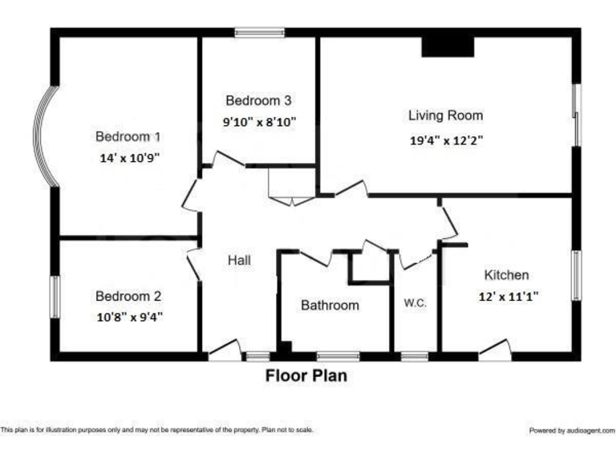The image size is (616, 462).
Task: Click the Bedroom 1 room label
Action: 128,136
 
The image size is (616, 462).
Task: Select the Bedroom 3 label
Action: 258,101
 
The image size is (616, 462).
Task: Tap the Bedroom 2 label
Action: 128,295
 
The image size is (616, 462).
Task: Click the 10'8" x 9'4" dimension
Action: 129,316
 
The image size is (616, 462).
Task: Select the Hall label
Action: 239,260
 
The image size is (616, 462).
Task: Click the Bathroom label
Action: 330,306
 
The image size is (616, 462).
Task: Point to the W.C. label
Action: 415,303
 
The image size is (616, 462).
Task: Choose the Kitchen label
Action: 506,274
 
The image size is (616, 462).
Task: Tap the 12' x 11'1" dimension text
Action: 509,295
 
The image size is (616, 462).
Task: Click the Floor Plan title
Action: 306,375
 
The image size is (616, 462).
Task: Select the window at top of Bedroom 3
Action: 259,33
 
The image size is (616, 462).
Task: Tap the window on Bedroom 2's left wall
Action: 55,296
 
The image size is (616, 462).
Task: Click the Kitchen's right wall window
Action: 575,275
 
